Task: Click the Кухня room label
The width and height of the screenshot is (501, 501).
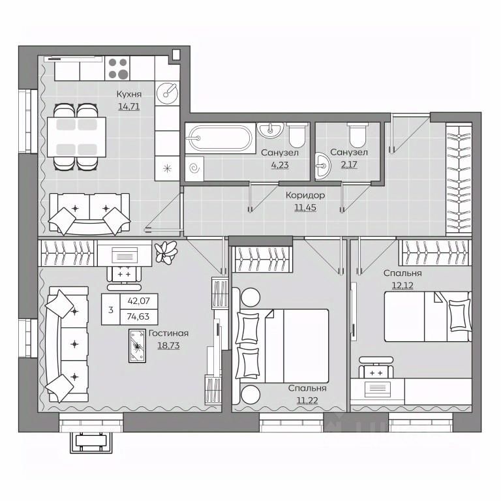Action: pos(129,94)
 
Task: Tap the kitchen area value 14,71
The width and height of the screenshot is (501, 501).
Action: pos(129,106)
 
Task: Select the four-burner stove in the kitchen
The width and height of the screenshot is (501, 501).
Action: pos(118,68)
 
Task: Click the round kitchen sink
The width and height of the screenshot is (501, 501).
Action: pos(167,93)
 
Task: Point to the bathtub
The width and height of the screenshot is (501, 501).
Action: pos(220,138)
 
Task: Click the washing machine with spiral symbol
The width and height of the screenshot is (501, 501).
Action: pos(194,169)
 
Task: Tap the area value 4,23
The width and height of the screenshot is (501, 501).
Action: pos(280,165)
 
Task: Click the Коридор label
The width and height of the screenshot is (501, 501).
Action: pos(305,195)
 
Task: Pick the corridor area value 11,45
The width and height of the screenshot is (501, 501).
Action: pos(305,207)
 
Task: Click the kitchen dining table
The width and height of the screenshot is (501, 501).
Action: pos(77,137)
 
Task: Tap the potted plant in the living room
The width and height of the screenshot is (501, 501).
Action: pos(166,252)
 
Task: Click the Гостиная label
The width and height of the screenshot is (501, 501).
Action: pos(168,333)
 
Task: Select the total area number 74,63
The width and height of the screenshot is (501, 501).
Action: pos(138,316)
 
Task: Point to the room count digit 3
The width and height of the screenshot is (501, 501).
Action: pos(110,310)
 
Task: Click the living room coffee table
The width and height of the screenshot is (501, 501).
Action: pos(138,346)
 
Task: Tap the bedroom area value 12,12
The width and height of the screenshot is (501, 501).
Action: pos(402,285)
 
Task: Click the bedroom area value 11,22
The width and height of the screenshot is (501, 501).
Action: pos(307,401)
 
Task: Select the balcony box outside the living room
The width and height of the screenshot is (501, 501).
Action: pos(91,442)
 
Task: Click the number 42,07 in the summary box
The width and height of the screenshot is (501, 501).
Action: pos(138,301)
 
